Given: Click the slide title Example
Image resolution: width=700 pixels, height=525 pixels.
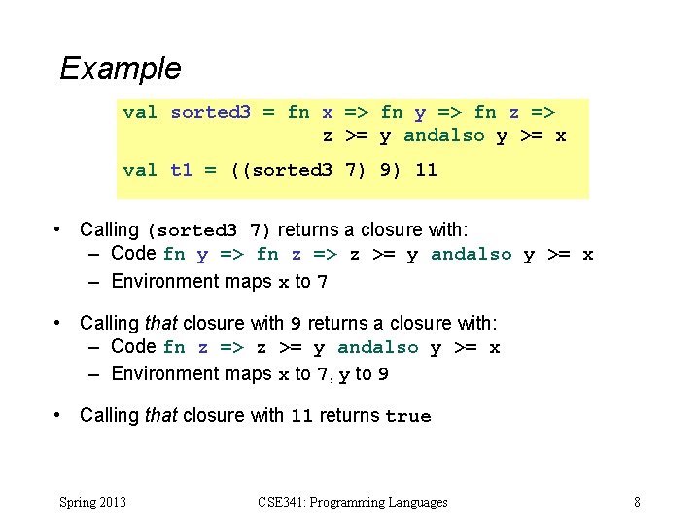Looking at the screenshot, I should click(x=120, y=68).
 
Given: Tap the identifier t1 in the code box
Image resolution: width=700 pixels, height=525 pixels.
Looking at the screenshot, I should click(x=181, y=170).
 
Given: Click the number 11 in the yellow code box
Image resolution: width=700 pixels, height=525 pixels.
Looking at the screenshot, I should click(x=426, y=170).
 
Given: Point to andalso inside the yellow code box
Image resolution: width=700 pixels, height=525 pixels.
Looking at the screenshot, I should click(x=443, y=136).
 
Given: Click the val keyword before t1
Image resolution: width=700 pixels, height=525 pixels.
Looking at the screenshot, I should click(x=140, y=170).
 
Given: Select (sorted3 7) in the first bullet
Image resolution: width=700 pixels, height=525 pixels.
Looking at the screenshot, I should click(x=210, y=231).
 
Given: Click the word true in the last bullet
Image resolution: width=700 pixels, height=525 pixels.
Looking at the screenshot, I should click(x=407, y=416).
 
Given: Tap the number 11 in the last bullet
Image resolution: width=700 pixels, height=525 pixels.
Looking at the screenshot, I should click(x=301, y=416).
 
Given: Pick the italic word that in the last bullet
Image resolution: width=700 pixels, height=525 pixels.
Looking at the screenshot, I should click(x=160, y=415).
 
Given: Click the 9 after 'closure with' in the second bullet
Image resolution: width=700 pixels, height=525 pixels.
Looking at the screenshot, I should click(x=297, y=324).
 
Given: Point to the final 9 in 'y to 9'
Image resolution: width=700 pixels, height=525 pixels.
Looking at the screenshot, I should click(x=384, y=374).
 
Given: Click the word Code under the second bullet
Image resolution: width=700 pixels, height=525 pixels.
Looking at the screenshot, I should click(x=134, y=346).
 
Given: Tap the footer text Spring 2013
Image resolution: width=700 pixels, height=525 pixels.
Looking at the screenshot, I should click(x=92, y=502).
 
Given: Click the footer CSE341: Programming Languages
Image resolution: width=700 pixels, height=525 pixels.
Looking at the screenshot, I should click(x=353, y=502).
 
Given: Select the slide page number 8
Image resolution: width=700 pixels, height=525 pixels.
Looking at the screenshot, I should click(x=637, y=502).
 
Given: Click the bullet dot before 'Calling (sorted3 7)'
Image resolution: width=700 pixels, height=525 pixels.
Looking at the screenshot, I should click(x=60, y=230).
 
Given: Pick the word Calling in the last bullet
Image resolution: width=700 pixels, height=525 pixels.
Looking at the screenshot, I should click(x=109, y=415).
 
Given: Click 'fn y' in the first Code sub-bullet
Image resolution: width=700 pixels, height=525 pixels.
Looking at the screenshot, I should click(x=186, y=255).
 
